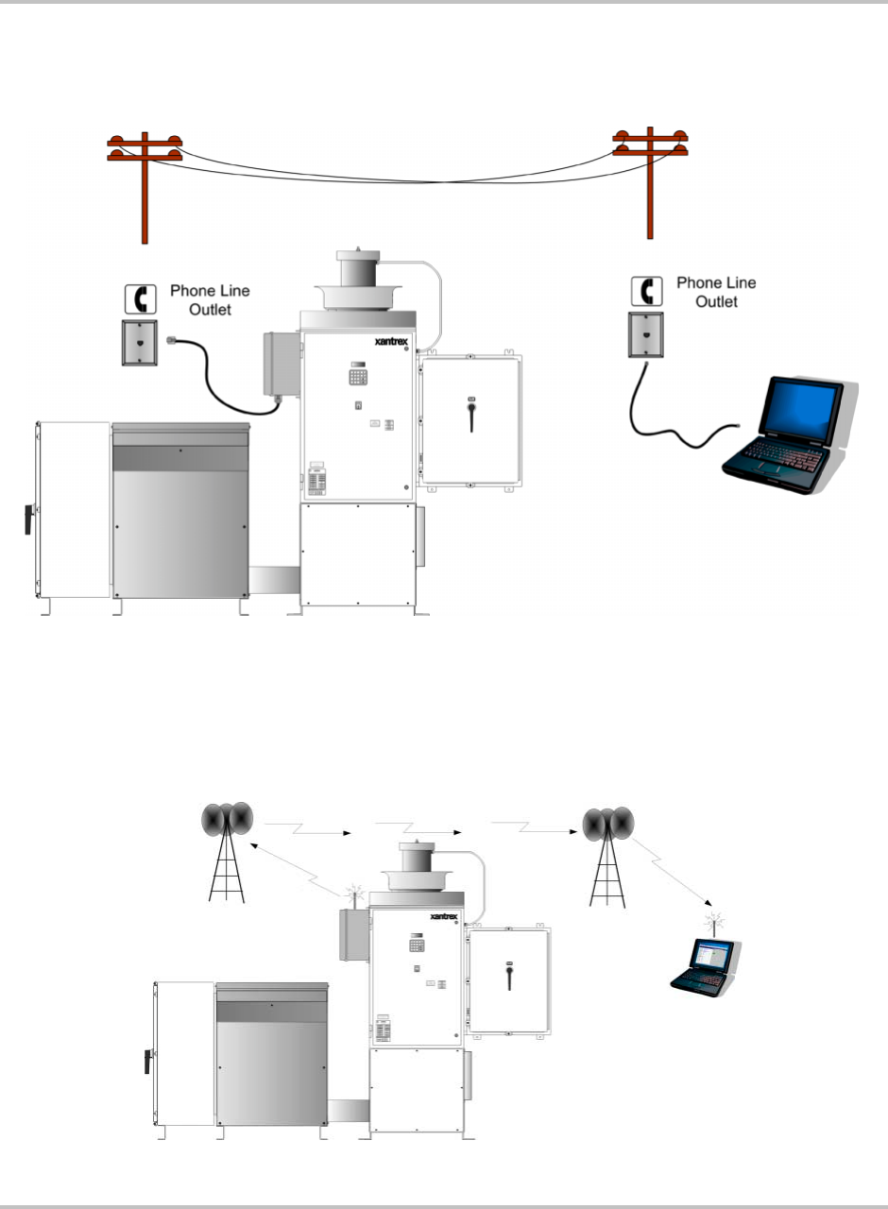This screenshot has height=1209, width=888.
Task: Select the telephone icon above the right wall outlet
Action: [645, 290]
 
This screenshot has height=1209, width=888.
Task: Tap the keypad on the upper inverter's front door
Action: [358, 376]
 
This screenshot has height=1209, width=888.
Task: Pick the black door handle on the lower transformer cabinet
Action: [147, 1060]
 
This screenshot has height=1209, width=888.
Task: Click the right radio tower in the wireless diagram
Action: [608, 855]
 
